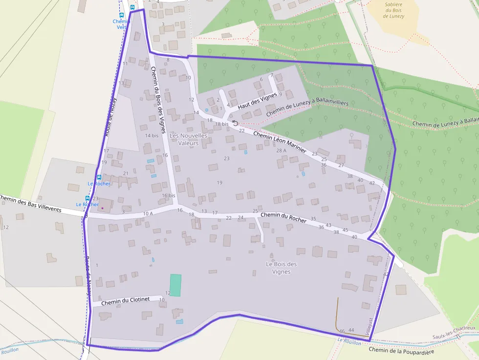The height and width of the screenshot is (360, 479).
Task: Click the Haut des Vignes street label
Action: (257, 101)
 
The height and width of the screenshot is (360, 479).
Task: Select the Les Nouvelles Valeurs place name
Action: (188, 139)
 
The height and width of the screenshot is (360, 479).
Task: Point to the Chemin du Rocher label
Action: (283, 217)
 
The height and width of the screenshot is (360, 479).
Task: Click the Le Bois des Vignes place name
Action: (282, 268)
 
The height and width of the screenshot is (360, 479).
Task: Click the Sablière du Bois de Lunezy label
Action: (394, 10)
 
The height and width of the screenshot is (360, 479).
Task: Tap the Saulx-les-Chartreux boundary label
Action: (454, 333)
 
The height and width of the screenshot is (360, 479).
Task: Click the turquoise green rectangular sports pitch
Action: (175, 285)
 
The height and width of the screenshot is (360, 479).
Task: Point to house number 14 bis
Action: (152, 135)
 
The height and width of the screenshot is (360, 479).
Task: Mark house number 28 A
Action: (281, 150)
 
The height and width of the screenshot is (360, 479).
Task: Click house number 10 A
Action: (148, 213)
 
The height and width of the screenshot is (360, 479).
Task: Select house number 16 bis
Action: (169, 195)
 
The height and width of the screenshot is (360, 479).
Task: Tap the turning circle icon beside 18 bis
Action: (235, 124)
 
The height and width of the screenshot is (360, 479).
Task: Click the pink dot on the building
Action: (103, 208)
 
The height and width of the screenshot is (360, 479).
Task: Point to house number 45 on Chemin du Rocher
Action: (345, 230)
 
